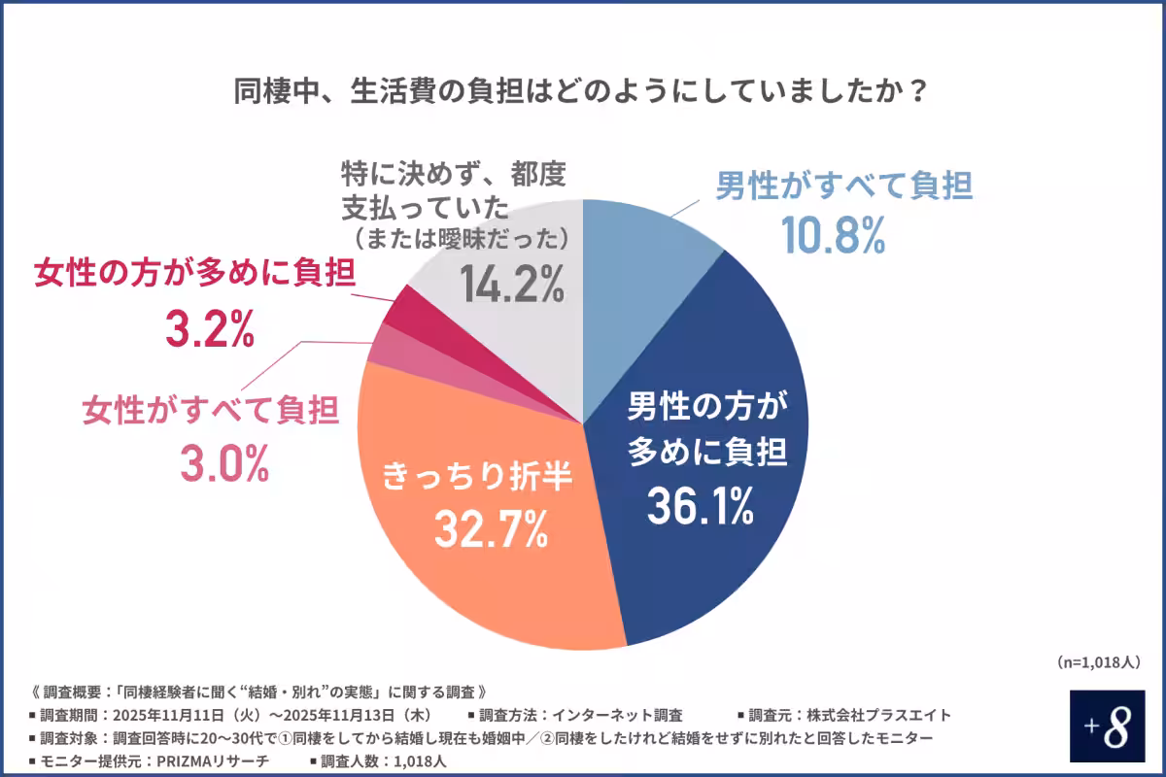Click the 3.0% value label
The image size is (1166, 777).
click(223, 466)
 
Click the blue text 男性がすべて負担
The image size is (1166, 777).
click(843, 186)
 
